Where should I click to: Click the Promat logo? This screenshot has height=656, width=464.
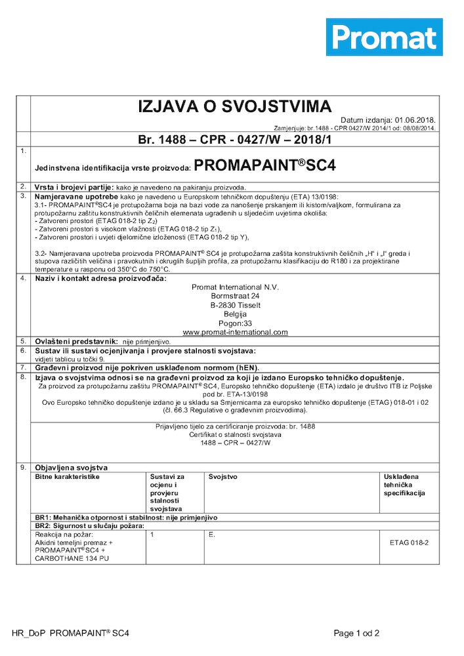click(384, 37)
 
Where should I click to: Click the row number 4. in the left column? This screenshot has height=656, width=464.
click(23, 278)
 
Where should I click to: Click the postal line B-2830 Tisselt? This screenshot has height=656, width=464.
click(235, 305)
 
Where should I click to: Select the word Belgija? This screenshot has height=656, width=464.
click(234, 314)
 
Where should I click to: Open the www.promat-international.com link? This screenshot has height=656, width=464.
click(235, 333)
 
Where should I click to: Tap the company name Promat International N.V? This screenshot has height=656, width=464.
click(235, 287)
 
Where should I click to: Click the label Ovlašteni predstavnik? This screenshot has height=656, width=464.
click(76, 342)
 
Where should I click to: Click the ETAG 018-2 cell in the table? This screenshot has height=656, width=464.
click(409, 543)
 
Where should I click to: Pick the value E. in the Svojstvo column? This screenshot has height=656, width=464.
click(212, 535)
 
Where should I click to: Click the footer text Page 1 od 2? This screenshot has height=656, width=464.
click(356, 634)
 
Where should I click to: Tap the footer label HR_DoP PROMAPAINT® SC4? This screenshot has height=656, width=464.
click(70, 634)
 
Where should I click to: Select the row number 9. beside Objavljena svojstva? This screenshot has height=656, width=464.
click(23, 467)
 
